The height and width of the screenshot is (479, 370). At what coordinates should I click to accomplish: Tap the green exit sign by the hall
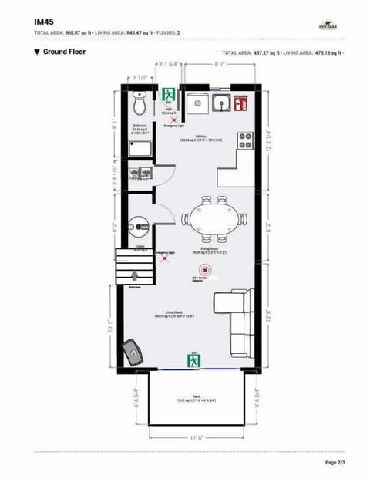pos(169,95)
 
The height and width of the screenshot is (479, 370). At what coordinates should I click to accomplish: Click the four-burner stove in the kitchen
pos(246,140)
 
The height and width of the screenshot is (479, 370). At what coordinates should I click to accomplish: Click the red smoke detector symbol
pos(204,270)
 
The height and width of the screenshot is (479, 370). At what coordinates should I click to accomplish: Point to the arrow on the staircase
pos(134,276)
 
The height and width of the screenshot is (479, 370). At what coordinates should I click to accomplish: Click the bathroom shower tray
pos(138,148)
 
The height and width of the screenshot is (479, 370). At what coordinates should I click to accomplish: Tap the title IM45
pos(43,22)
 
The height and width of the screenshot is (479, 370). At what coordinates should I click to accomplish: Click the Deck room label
pos(197,398)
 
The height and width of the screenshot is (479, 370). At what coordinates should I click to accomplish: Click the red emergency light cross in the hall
pos(173,120)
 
